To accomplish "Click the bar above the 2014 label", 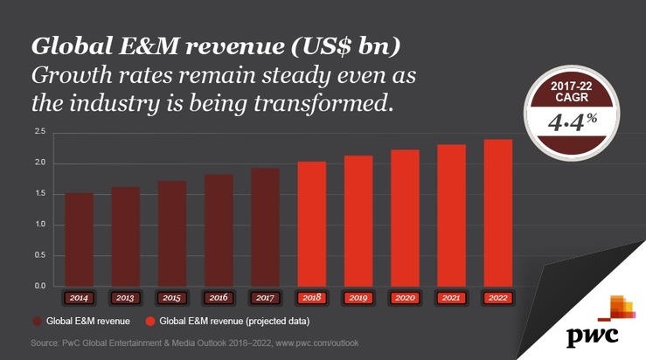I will pyautogui.click(x=79, y=239).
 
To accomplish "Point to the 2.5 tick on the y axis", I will pyautogui.click(x=39, y=132).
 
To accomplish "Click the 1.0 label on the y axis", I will pyautogui.click(x=39, y=225).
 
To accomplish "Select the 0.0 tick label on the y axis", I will pyautogui.click(x=39, y=286).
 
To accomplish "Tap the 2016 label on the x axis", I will pyautogui.click(x=219, y=298).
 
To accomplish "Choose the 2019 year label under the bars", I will pyautogui.click(x=358, y=298).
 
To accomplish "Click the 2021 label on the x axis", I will pyautogui.click(x=451, y=298).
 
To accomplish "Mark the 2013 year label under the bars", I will pyautogui.click(x=126, y=298).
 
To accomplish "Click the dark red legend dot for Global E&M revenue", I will pyautogui.click(x=38, y=321).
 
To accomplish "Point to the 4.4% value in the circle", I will pyautogui.click(x=566, y=123).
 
